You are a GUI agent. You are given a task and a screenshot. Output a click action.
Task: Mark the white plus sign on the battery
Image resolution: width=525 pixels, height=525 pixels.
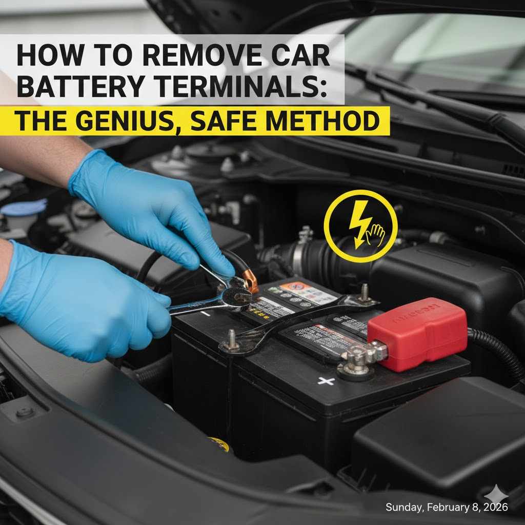pos(326,380)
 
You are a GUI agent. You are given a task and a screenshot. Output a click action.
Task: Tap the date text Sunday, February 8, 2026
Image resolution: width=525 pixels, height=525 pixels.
pos(446,507)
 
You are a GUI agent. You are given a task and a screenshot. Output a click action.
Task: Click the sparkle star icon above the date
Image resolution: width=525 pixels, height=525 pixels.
pos(497,495)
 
